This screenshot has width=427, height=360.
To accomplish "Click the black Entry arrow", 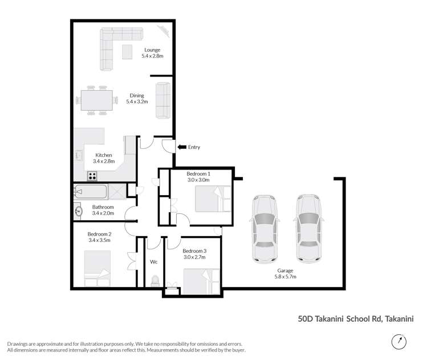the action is [182, 147].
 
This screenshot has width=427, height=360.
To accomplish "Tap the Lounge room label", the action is [152, 50].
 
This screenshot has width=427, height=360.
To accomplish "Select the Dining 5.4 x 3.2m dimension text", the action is [137, 102].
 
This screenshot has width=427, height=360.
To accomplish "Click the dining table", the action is [97, 100].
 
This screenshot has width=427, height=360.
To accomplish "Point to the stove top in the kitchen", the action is [92, 176].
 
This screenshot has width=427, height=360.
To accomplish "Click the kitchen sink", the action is [79, 156].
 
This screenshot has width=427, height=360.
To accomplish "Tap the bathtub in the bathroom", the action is [90, 192].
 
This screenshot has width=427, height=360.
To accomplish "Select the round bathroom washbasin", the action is [79, 211].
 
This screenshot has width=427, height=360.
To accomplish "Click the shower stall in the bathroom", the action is [117, 192].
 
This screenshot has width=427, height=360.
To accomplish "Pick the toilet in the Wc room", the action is [155, 281].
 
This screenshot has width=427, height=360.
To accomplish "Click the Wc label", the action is [153, 262].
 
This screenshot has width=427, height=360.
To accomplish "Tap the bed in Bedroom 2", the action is [97, 269].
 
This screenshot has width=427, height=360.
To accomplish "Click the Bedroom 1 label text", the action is [198, 174].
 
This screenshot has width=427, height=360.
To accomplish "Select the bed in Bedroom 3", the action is [201, 281].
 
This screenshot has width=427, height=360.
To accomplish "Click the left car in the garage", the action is [265, 229].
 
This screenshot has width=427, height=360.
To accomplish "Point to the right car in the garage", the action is [308, 228].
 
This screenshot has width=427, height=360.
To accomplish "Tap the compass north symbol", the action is [399, 341].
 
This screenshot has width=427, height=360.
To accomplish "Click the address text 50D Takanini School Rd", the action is [340, 319].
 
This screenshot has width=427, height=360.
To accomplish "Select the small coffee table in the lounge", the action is [127, 52].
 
